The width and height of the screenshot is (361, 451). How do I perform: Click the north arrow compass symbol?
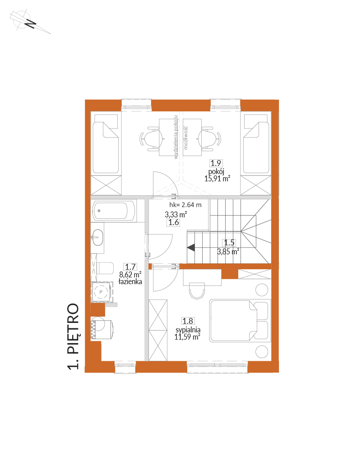pyautogui.click(x=30, y=22)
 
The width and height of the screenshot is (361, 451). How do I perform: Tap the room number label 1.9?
pyautogui.click(x=216, y=163)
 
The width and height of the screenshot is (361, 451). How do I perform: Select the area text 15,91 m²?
pyautogui.click(x=217, y=179)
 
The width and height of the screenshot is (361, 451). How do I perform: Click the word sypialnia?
pyautogui.click(x=188, y=330)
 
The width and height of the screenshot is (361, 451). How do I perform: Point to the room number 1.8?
pyautogui.click(x=188, y=321)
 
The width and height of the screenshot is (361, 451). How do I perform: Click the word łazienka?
pyautogui.click(x=130, y=281)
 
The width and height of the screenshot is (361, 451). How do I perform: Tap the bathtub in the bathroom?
pyautogui.click(x=114, y=211)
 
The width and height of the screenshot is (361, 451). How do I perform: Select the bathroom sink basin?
pyautogui.click(x=97, y=238)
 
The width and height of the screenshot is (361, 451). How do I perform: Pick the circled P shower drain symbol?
pyautogui.click(x=101, y=292)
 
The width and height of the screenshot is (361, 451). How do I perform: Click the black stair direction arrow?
pyautogui.click(x=191, y=247)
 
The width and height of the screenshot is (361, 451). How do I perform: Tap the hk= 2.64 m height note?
pyautogui.click(x=185, y=205)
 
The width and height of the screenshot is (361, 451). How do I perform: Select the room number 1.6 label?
pyautogui.click(x=173, y=222)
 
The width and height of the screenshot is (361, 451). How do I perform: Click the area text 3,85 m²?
pyautogui.click(x=228, y=252)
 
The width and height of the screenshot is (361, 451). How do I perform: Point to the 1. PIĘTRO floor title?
pyautogui.click(x=73, y=336)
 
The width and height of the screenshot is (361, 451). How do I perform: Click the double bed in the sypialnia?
pyautogui.click(x=240, y=321)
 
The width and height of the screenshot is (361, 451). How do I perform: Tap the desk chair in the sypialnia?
pyautogui.click(x=197, y=291)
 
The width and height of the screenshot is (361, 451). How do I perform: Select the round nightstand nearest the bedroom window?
pyautogui.click(x=262, y=351)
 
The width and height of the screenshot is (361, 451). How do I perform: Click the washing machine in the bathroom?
pyautogui.click(x=102, y=328)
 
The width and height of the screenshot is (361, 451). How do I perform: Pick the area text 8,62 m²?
pyautogui.click(x=130, y=275)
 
